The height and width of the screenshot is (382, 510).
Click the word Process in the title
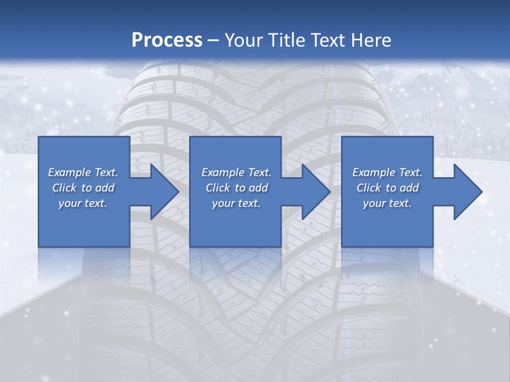(x=167, y=40)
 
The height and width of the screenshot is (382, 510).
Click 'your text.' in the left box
(x=83, y=203)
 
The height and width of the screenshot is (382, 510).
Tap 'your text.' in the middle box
(x=236, y=203)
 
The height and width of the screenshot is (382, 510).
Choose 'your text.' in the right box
(x=387, y=203)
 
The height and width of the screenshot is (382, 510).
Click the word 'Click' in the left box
(x=64, y=188)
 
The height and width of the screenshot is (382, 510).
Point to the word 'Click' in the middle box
(x=218, y=188)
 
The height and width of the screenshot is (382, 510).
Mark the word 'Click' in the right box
(x=369, y=188)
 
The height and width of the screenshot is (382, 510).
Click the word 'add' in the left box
(x=105, y=188)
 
